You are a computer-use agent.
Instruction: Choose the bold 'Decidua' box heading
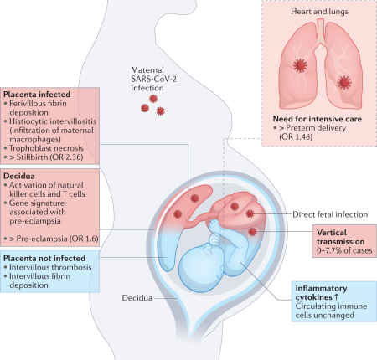click(x=23, y=177)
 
